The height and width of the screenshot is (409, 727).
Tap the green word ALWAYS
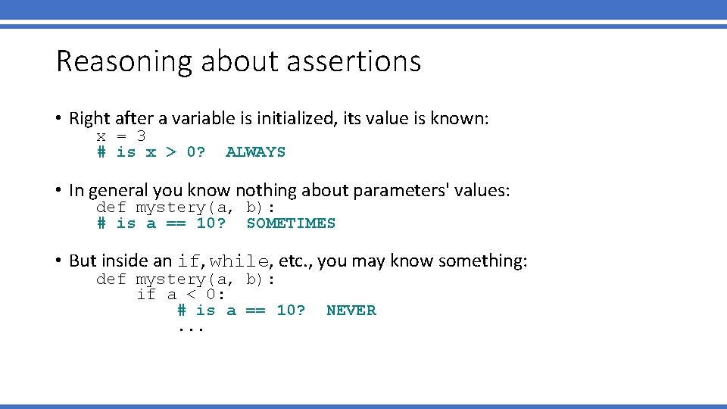pos(255,152)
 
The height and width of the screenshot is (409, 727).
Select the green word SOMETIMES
pos(291,223)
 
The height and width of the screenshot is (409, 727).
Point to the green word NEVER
pos(351,311)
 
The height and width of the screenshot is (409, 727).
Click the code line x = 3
pos(121,136)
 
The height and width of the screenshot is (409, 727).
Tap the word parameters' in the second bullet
pos(400,190)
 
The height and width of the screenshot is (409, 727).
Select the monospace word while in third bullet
pos(239,261)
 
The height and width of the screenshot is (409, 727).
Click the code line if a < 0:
pos(181,295)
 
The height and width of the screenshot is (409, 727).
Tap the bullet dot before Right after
pos(58,119)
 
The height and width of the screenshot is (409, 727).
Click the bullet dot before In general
pos(58,191)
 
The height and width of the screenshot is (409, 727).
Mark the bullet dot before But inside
pos(58,262)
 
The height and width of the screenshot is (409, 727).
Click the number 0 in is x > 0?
pos(192,152)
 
